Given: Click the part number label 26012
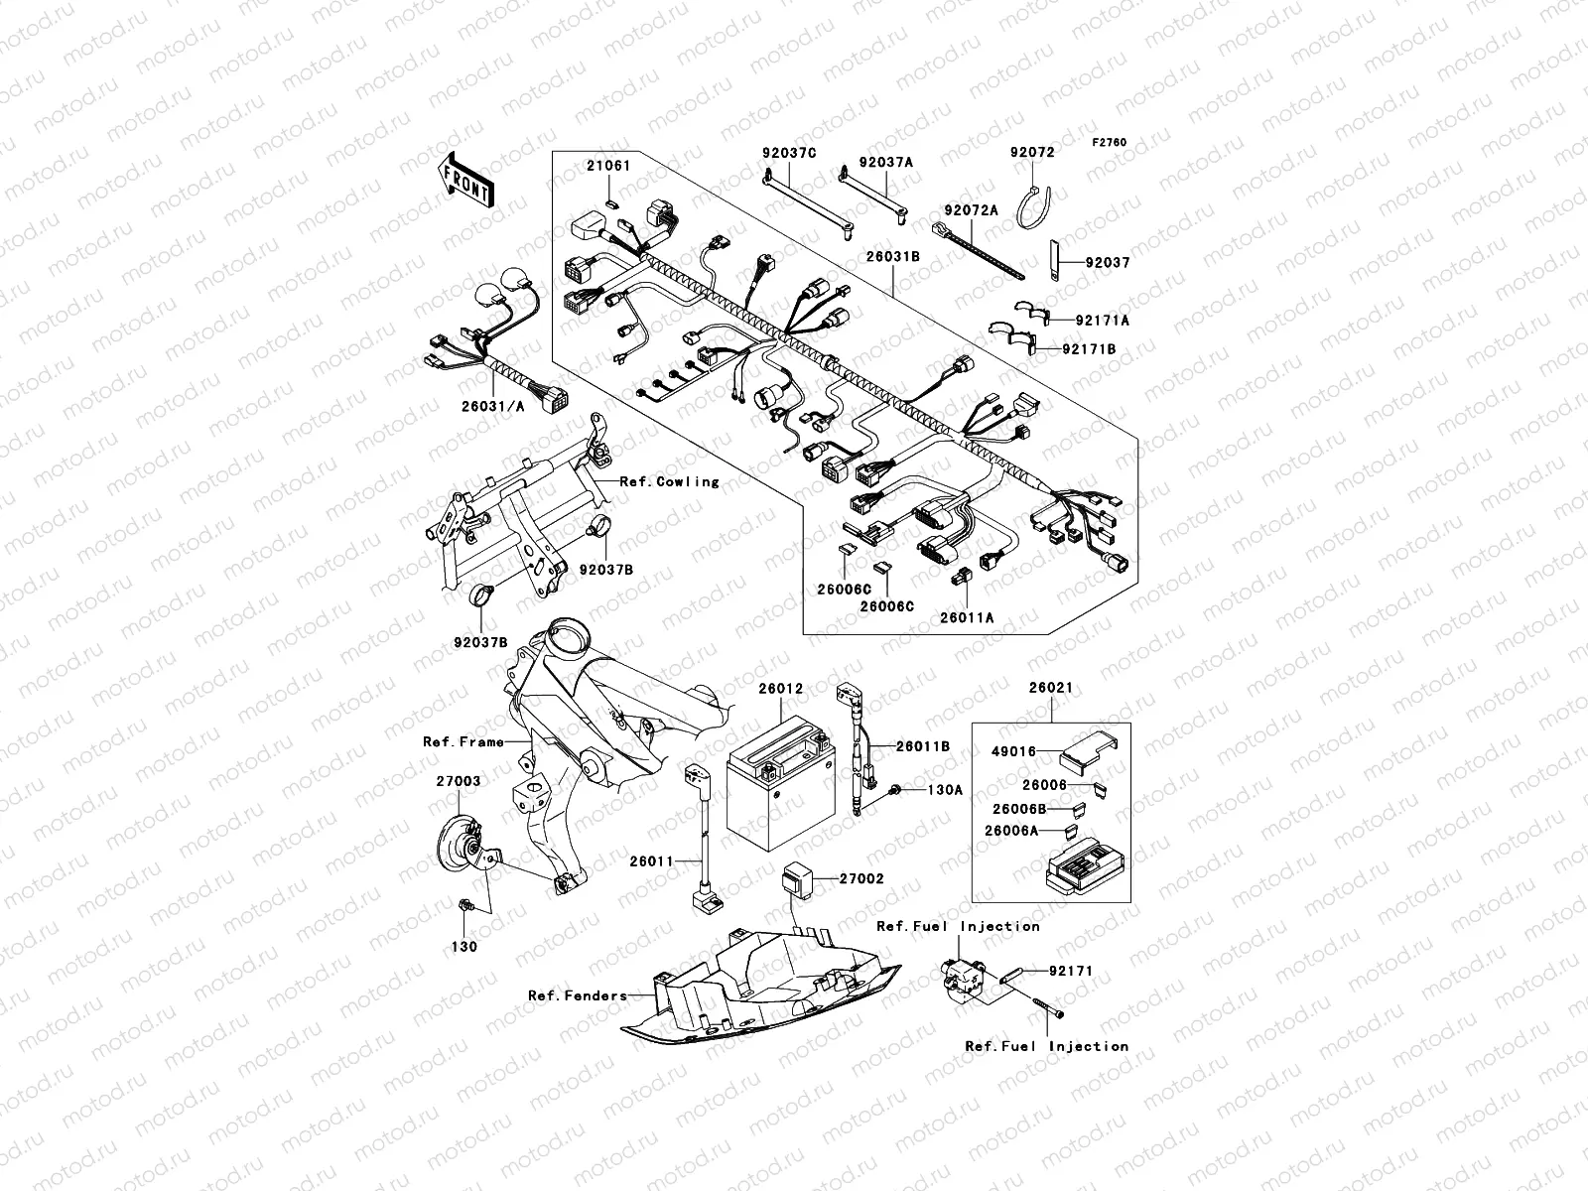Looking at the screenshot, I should coord(780,688).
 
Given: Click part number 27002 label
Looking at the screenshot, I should coord(860,878).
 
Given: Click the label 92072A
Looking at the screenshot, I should coord(971,210).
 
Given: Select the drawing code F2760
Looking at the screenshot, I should coord(1110,143).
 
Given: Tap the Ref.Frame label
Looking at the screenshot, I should coord(463,741).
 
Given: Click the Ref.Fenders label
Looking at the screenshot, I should coord(577,995).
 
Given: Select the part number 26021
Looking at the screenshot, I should coord(1050,688).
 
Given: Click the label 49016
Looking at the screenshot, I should coord(1013,752).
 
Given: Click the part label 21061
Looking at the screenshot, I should coord(607,166).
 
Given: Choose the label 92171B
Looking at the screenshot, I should coord(1088,349).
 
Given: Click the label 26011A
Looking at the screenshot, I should coord(967,617).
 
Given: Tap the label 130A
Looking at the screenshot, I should coord(945,791).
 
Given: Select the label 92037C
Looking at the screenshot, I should coord(789,153).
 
